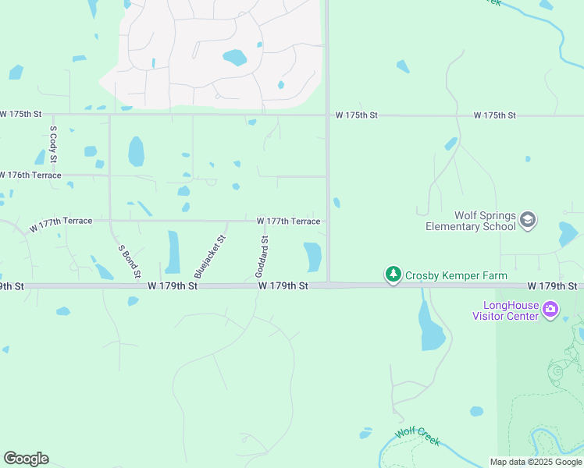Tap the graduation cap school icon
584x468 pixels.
pyautogui.click(x=528, y=221)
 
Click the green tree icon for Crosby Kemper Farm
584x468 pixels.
pyautogui.click(x=393, y=275)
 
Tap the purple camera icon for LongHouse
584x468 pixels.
pyautogui.click(x=550, y=310)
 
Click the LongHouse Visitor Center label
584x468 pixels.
pyautogui.click(x=505, y=310)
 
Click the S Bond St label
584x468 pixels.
pyautogui.click(x=129, y=261)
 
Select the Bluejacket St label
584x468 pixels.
pyautogui.click(x=210, y=258)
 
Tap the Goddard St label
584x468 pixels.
pyautogui.click(x=262, y=257)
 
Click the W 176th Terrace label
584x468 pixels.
pyautogui.click(x=30, y=175)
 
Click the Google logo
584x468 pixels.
pyautogui.click(x=26, y=459)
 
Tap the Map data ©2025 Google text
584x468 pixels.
pyautogui.click(x=536, y=462)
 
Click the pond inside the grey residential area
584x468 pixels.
pyautogui.click(x=234, y=58)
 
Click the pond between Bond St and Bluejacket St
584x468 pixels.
pyautogui.click(x=173, y=252)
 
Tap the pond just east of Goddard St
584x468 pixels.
pyautogui.click(x=312, y=257)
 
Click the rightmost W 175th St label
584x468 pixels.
pyautogui.click(x=494, y=115)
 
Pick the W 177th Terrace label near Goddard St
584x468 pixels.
pyautogui.click(x=288, y=222)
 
